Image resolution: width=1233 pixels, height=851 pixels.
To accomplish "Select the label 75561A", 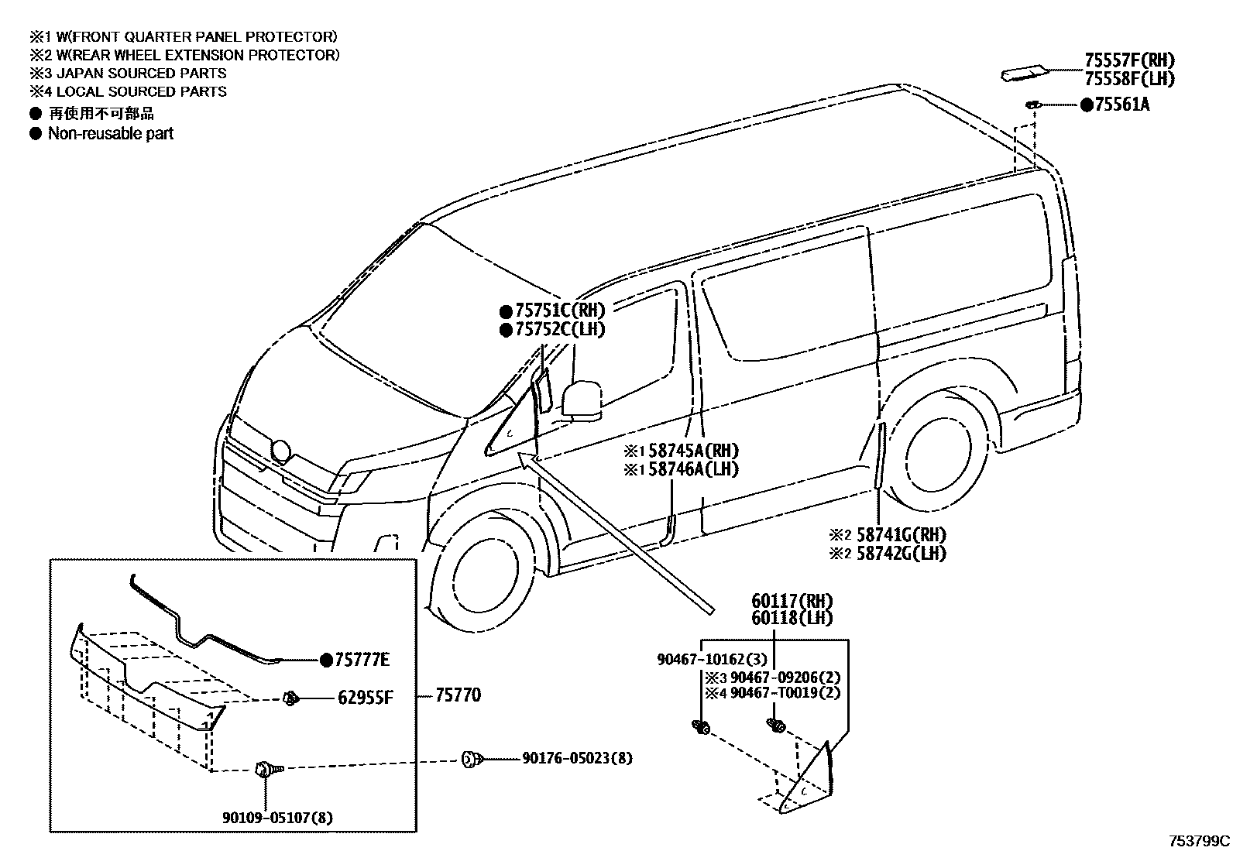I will [1121, 105].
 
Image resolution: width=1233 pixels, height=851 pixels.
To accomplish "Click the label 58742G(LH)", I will [901, 553].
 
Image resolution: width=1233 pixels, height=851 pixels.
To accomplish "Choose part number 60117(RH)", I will [792, 600].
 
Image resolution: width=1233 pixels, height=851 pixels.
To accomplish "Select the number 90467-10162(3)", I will [712, 660].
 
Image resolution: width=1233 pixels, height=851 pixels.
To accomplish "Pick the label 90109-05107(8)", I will [278, 817].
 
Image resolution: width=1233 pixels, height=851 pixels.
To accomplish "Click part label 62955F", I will [366, 698].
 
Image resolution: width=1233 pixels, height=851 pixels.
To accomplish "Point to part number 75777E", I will [362, 660].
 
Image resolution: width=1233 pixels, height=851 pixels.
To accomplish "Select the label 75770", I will [458, 695].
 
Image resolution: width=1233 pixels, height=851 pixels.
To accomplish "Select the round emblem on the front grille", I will [280, 451].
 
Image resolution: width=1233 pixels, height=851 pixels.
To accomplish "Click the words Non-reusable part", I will [110, 133].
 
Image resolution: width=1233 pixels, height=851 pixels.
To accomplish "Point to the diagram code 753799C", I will [1199, 840].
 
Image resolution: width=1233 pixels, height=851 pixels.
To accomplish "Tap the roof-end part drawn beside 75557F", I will [1026, 74].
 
